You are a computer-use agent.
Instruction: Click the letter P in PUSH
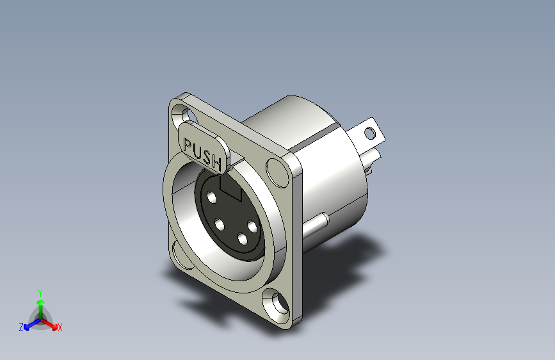(x=188, y=145)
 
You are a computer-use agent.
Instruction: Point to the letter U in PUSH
(x=197, y=151)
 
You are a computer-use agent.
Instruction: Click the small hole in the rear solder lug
(x=369, y=133)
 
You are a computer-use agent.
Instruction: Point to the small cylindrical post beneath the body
(x=318, y=225)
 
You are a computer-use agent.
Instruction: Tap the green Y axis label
(x=40, y=292)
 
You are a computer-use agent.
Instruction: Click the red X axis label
(x=60, y=328)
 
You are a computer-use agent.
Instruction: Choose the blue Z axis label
(x=21, y=327)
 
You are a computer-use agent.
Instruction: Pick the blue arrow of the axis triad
(x=29, y=325)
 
